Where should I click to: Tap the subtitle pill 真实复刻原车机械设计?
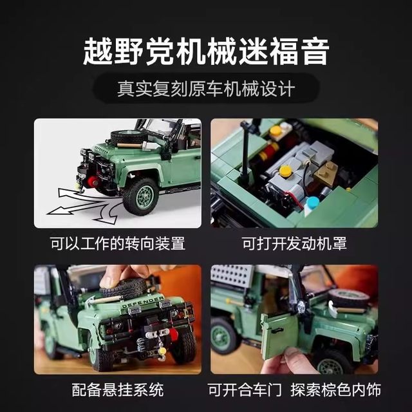206,88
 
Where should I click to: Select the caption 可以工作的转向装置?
117,244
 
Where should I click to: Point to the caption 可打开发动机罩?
294,244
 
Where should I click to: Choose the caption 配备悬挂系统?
117,389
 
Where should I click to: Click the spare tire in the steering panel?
127,137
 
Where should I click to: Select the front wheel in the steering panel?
139,195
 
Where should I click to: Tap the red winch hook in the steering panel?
93,182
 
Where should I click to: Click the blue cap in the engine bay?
312,203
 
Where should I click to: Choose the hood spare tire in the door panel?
348,297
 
